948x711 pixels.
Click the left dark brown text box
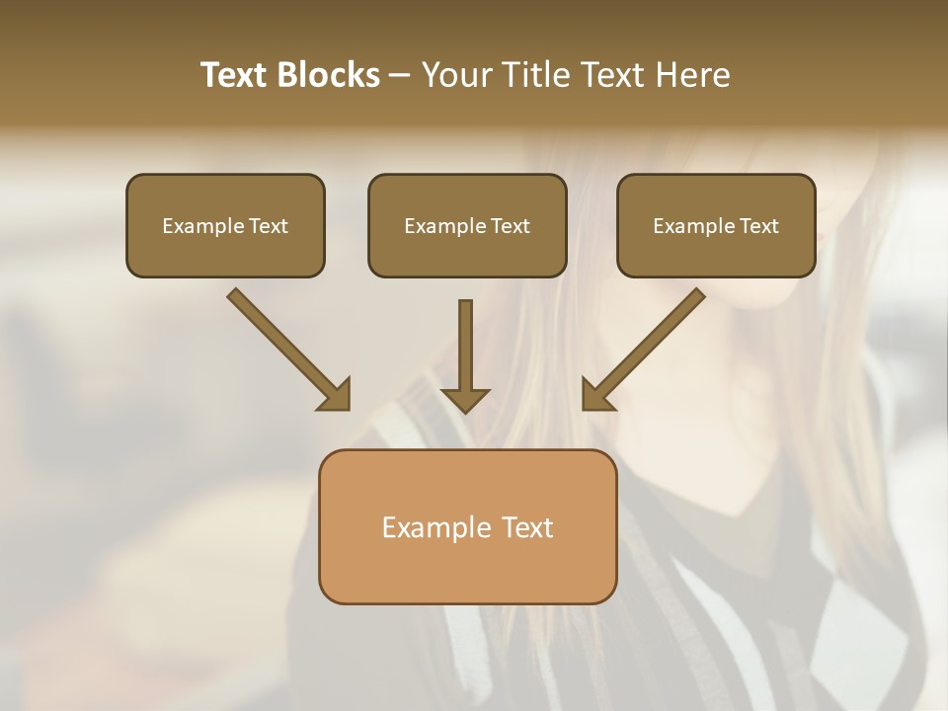[225, 226]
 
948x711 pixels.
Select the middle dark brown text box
[467, 226]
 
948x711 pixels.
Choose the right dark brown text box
[716, 226]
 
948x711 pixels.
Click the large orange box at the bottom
[467, 526]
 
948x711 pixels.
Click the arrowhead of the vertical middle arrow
[465, 399]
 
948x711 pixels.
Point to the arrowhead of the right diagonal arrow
[597, 394]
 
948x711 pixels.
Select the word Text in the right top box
[759, 226]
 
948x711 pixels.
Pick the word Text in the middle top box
[511, 226]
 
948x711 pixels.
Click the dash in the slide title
[400, 75]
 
